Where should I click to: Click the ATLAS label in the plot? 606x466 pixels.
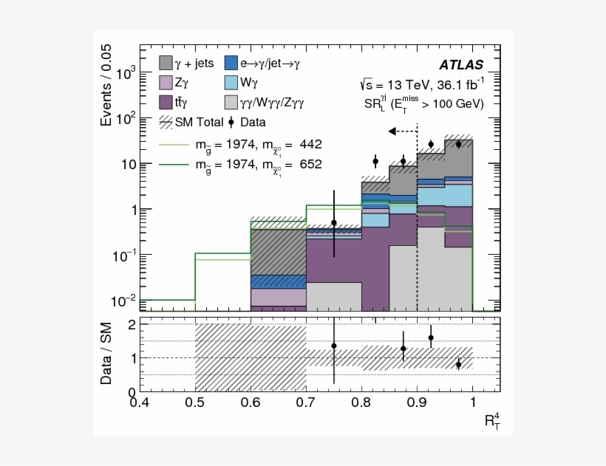pyautogui.click(x=461, y=65)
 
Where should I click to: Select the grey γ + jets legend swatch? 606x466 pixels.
pyautogui.click(x=166, y=64)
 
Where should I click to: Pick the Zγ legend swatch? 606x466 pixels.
pyautogui.click(x=166, y=83)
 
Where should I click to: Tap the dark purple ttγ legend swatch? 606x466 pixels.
pyautogui.click(x=166, y=101)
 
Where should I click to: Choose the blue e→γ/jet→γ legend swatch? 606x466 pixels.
pyautogui.click(x=229, y=64)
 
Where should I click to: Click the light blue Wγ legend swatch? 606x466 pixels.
pyautogui.click(x=229, y=83)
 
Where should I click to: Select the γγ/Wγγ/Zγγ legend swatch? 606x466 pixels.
pyautogui.click(x=229, y=101)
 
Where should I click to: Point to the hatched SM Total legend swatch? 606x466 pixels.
pyautogui.click(x=166, y=122)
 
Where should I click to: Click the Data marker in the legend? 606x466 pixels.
pyautogui.click(x=232, y=122)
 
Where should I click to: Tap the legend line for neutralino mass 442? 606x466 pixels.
pyautogui.click(x=174, y=145)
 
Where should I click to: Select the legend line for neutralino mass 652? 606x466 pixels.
pyautogui.click(x=174, y=165)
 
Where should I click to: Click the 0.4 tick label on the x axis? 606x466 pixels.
pyautogui.click(x=140, y=403)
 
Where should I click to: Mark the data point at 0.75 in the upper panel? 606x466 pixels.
pyautogui.click(x=333, y=222)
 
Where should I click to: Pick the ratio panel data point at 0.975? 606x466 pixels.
pyautogui.click(x=458, y=364)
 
